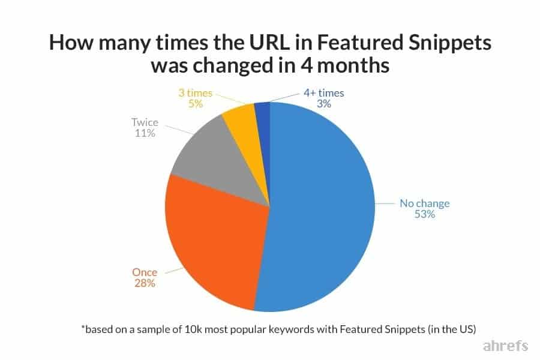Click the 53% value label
(424, 214)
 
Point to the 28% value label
(145, 283)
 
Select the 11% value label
(145, 134)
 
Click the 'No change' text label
(424, 203)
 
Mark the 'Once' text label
(145, 271)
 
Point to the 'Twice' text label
(145, 122)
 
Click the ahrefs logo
(506, 346)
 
